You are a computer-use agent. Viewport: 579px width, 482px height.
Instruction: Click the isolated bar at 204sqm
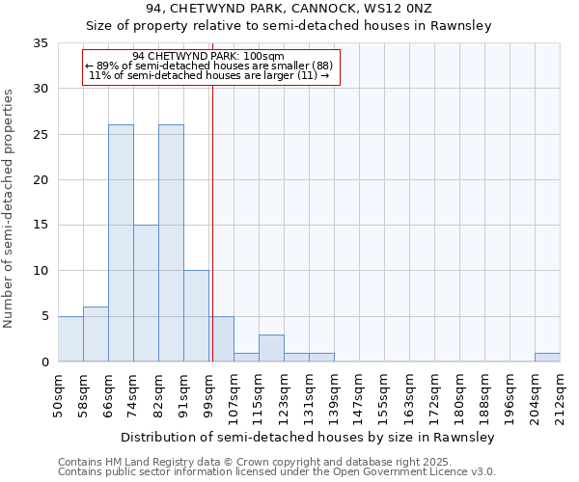[547, 358]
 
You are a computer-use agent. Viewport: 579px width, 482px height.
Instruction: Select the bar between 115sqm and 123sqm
[271, 348]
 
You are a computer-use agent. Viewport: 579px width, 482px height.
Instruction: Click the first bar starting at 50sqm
[70, 338]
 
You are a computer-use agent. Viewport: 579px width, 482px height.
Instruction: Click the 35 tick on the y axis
[41, 43]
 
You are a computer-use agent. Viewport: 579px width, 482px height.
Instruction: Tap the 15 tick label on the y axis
[41, 226]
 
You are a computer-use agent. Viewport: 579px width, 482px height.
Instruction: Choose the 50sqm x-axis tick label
[58, 394]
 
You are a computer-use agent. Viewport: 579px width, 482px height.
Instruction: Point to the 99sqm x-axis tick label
[208, 394]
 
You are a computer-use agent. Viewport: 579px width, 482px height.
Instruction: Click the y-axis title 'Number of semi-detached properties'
[10, 208]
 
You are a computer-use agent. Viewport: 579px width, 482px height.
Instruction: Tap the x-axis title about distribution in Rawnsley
[308, 438]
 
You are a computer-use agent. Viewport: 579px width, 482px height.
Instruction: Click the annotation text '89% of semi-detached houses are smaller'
[211, 66]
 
